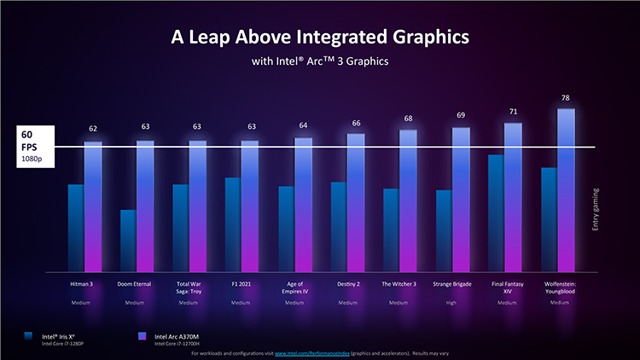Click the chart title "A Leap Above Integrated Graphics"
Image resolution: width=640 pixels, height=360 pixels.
tap(319, 38)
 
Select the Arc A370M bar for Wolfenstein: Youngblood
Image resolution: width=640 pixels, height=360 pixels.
tap(565, 188)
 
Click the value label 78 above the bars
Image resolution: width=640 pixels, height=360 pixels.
tap(565, 98)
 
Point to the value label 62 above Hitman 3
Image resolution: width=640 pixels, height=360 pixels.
tap(93, 129)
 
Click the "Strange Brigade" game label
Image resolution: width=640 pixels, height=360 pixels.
tap(451, 283)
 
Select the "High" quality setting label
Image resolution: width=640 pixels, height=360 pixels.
tap(451, 303)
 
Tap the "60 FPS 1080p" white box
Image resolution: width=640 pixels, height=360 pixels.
tap(27, 147)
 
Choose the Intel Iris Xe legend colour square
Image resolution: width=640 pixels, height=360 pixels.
tap(30, 336)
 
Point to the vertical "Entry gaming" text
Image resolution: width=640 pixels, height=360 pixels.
tap(596, 210)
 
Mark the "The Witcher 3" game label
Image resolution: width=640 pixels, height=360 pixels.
tap(399, 283)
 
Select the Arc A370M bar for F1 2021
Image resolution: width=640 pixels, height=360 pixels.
tap(250, 205)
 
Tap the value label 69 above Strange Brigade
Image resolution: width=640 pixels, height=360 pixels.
tap(461, 115)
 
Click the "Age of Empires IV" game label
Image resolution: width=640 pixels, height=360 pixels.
tap(294, 287)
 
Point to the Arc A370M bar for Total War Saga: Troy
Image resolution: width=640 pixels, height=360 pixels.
tap(198, 205)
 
